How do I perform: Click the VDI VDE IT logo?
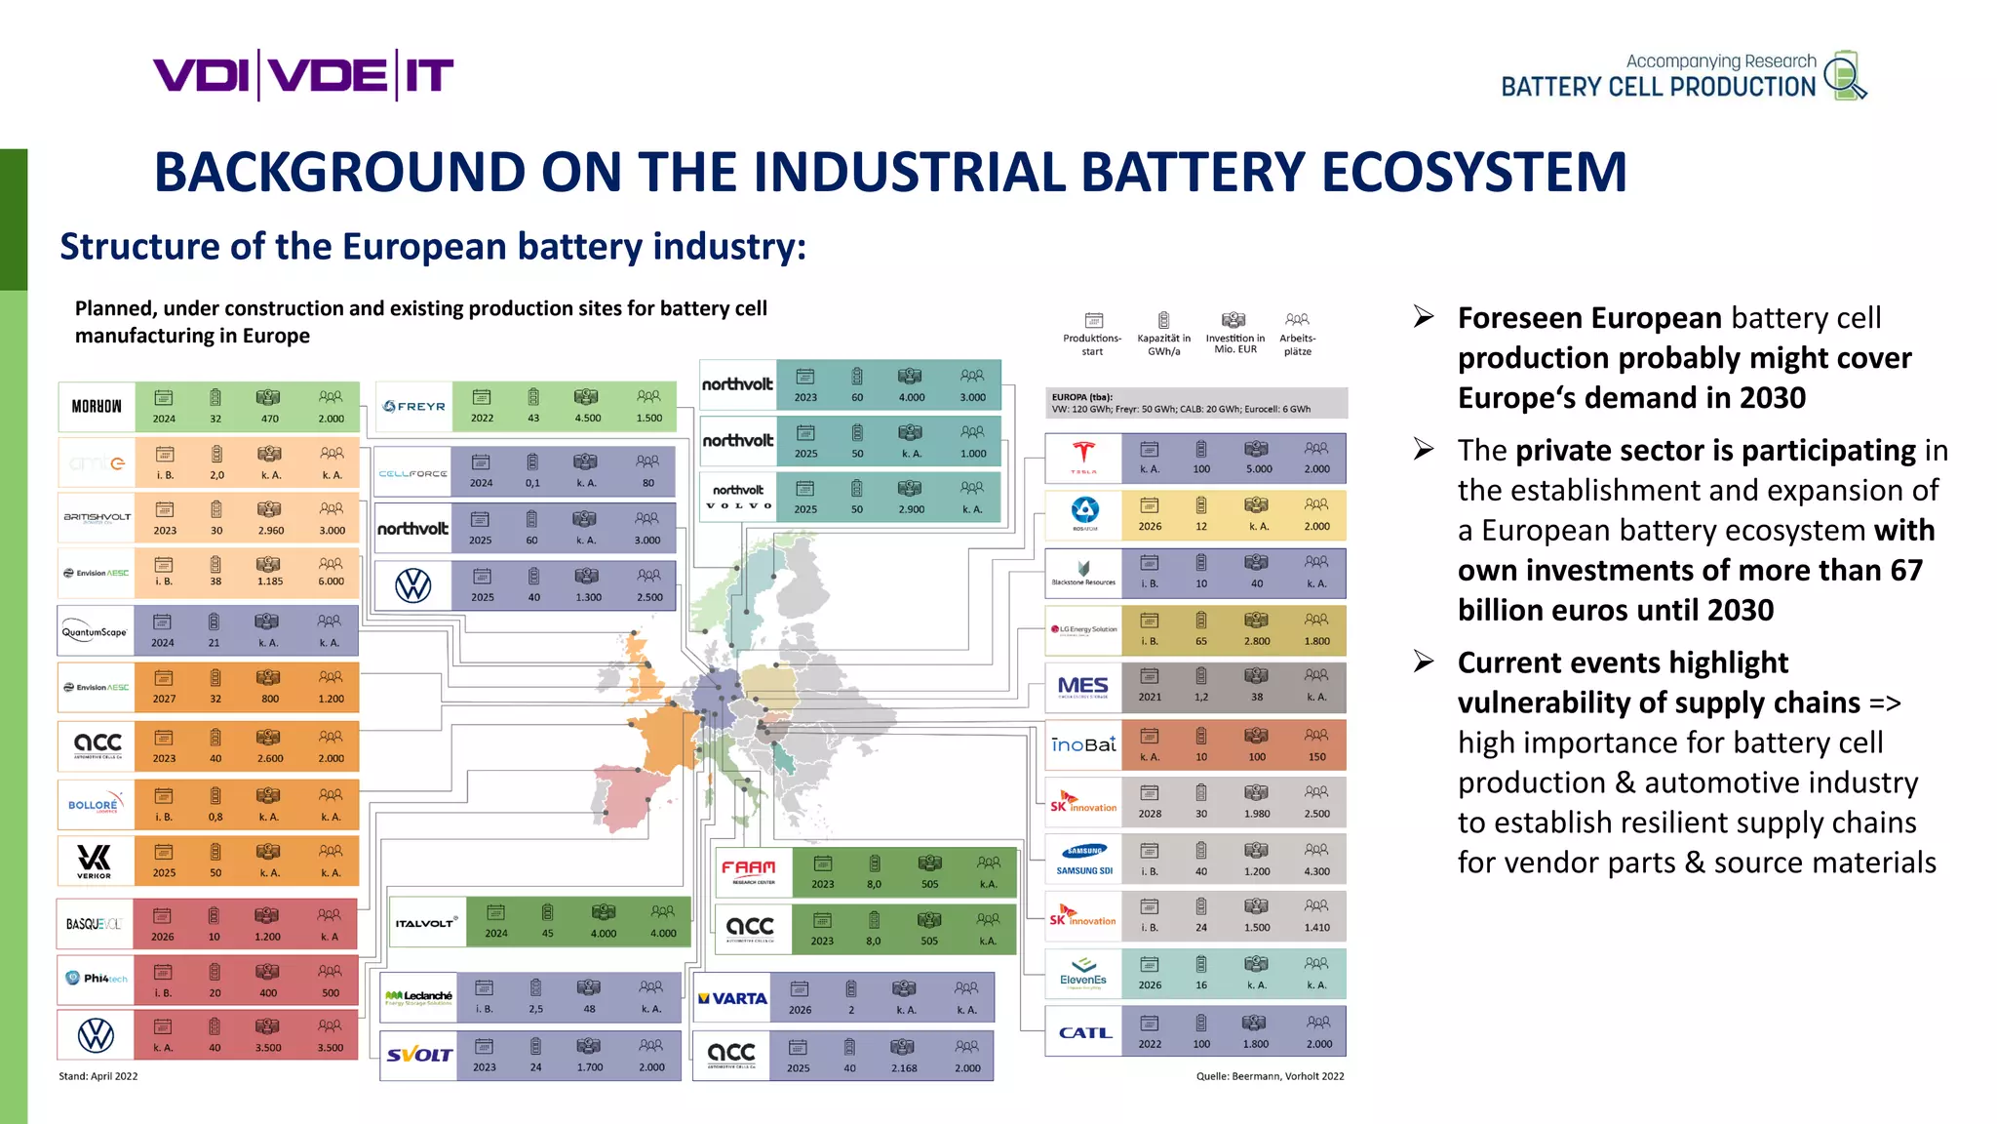click(302, 75)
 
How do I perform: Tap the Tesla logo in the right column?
click(1083, 458)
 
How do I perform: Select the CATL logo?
click(1084, 1032)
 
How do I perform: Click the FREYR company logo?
click(414, 407)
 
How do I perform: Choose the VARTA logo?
click(732, 998)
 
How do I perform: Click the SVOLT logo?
click(418, 1055)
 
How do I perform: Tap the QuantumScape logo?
click(95, 631)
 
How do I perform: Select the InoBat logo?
click(1083, 744)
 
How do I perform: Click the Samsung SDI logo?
click(1084, 860)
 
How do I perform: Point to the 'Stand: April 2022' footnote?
click(98, 1076)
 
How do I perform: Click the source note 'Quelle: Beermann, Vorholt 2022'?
click(1270, 1076)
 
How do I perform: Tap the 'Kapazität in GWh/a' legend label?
click(1163, 344)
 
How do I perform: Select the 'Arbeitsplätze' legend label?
click(1297, 344)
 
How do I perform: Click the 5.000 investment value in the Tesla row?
click(1258, 469)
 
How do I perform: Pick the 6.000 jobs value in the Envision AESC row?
click(331, 582)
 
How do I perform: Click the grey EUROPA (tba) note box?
click(1195, 403)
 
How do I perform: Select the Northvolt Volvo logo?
click(738, 497)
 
